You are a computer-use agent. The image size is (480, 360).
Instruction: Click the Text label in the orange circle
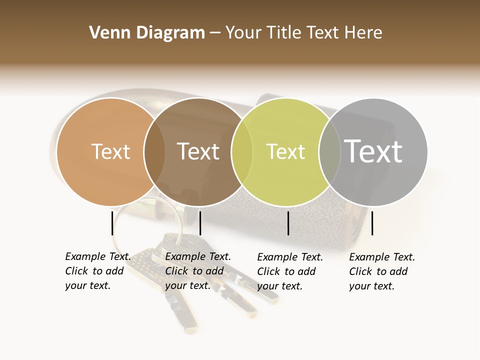110,151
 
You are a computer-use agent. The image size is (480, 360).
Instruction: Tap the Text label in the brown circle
198,151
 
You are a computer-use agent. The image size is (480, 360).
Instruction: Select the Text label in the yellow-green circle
285,151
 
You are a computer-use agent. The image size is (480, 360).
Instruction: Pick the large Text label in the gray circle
373,151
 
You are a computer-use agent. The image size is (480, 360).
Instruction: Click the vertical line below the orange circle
112,222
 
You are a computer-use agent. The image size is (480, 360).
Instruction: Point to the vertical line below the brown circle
200,222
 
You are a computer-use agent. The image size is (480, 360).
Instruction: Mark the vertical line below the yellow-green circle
288,222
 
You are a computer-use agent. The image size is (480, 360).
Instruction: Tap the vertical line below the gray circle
372,222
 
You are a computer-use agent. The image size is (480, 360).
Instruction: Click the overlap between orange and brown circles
154,151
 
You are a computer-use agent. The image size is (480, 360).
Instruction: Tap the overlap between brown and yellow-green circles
241,151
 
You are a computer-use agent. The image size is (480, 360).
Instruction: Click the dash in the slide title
215,33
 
